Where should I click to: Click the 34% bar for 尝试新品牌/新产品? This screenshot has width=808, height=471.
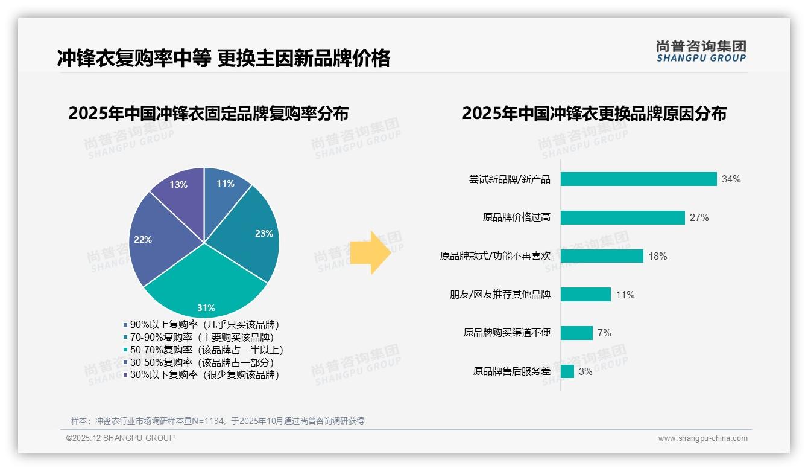pyautogui.click(x=638, y=179)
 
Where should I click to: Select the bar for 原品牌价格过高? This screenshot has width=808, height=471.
pyautogui.click(x=622, y=217)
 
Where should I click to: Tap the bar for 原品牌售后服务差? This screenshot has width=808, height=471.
pyautogui.click(x=567, y=371)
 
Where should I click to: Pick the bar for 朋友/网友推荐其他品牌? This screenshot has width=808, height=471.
pyautogui.click(x=585, y=295)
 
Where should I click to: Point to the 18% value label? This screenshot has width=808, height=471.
pyautogui.click(x=657, y=256)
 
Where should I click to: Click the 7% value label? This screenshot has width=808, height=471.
pyautogui.click(x=604, y=333)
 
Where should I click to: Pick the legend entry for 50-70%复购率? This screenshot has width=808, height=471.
pyautogui.click(x=203, y=350)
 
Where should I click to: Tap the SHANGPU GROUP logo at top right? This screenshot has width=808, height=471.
pyautogui.click(x=701, y=51)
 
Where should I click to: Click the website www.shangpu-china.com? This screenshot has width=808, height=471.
pyautogui.click(x=702, y=438)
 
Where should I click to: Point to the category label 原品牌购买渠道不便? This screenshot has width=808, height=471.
pyautogui.click(x=507, y=333)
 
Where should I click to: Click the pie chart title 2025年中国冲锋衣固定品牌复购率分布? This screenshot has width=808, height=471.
pyautogui.click(x=208, y=114)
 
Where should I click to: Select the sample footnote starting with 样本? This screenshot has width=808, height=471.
pyautogui.click(x=217, y=421)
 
